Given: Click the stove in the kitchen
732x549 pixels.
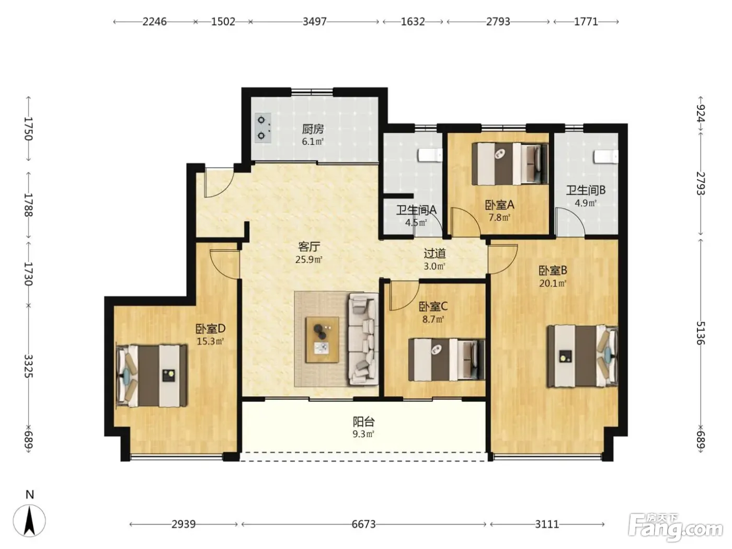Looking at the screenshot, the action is pyautogui.click(x=263, y=128).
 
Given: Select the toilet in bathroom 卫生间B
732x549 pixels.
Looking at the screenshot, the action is pyautogui.click(x=605, y=157).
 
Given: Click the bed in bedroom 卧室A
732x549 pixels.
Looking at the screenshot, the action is pyautogui.click(x=510, y=164).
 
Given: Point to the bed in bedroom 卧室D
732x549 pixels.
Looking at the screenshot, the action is pyautogui.click(x=151, y=375).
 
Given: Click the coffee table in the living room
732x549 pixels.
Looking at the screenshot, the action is pyautogui.click(x=323, y=340).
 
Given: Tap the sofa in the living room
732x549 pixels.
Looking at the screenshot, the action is pyautogui.click(x=363, y=339).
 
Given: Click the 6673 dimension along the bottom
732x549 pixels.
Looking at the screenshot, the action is pyautogui.click(x=363, y=524).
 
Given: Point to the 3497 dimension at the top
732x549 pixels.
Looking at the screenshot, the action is pyautogui.click(x=314, y=21).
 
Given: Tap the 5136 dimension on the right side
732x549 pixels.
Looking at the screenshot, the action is pyautogui.click(x=700, y=333).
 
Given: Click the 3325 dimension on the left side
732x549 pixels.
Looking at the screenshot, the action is pyautogui.click(x=29, y=365).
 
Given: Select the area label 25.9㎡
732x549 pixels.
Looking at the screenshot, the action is pyautogui.click(x=309, y=259).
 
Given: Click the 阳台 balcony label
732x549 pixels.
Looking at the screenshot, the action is pyautogui.click(x=363, y=421).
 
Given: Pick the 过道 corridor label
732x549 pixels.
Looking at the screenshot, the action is pyautogui.click(x=434, y=254).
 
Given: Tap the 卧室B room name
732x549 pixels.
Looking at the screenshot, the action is pyautogui.click(x=553, y=270).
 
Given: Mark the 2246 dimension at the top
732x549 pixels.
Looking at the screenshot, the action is pyautogui.click(x=154, y=21).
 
